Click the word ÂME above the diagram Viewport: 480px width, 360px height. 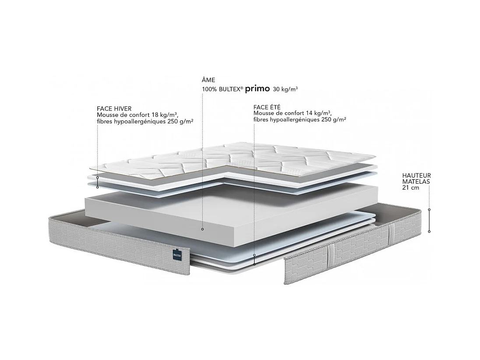tap(208, 81)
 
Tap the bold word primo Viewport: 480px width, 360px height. tap(257, 88)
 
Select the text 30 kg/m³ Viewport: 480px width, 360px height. tap(285, 89)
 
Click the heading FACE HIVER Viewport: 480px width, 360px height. tap(114, 109)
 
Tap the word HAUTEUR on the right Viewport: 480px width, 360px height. tap(416, 176)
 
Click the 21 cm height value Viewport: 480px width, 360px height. tap(410, 187)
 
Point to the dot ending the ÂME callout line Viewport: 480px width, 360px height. tap(202, 229)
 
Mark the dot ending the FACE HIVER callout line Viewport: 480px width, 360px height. tap(97, 178)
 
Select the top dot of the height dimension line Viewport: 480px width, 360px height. tap(429, 210)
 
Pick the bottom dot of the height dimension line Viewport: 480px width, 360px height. tap(429, 231)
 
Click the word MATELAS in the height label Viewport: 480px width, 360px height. tap(416, 181)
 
